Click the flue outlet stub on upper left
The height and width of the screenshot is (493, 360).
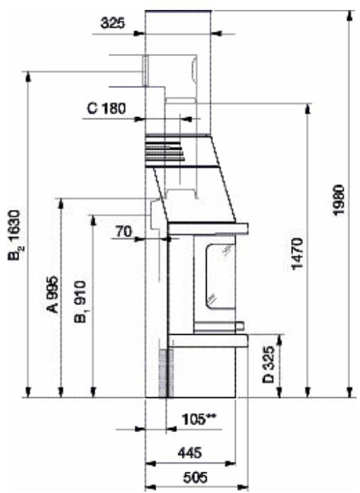(x=145, y=70)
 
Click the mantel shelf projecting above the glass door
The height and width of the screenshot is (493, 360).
(x=209, y=228)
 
